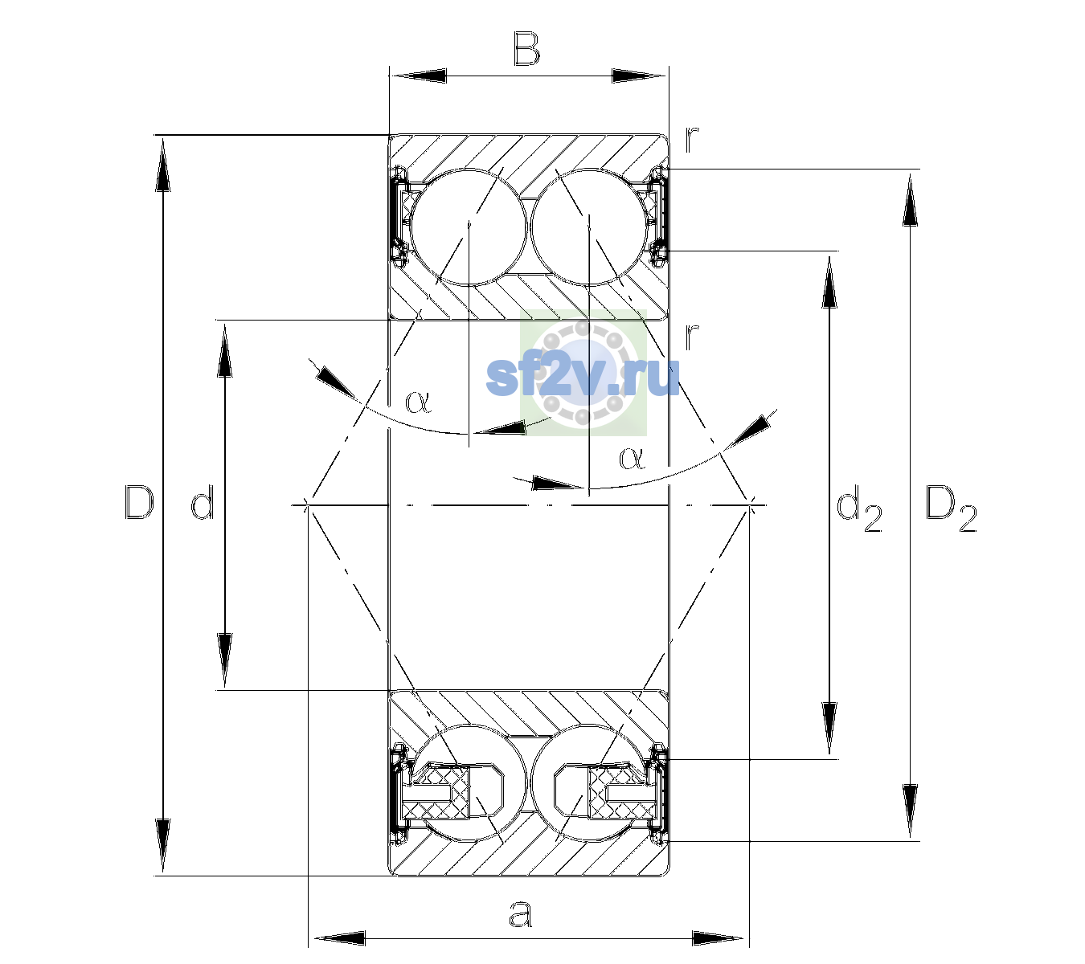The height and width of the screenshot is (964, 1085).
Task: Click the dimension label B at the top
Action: pos(526,49)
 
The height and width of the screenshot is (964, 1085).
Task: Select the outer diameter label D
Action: pos(139,502)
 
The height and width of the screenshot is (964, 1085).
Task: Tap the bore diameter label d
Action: pos(203,502)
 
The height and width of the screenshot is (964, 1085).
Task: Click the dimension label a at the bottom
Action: pos(521,913)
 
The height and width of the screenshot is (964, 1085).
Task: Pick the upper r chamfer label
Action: pos(691,141)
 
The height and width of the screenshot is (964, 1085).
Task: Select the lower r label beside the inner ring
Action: pos(691,337)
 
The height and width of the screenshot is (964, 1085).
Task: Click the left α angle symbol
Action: pos(418,402)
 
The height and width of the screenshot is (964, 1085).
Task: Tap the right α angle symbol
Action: pos(633,458)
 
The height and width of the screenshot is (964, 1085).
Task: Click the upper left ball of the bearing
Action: pos(469,227)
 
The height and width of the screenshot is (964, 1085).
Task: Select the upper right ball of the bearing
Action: pos(589,227)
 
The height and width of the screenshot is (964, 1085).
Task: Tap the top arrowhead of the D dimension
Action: pos(163,163)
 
